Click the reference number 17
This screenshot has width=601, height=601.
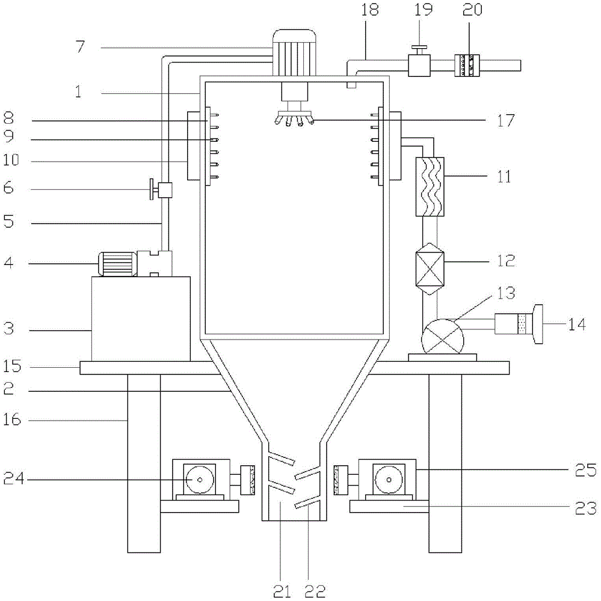506,120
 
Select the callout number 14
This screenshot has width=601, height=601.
576,325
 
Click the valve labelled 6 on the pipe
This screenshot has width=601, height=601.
162,191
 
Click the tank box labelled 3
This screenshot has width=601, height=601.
140,319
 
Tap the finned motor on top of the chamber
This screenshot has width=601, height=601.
294,53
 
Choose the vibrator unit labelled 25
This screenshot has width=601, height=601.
387,480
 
